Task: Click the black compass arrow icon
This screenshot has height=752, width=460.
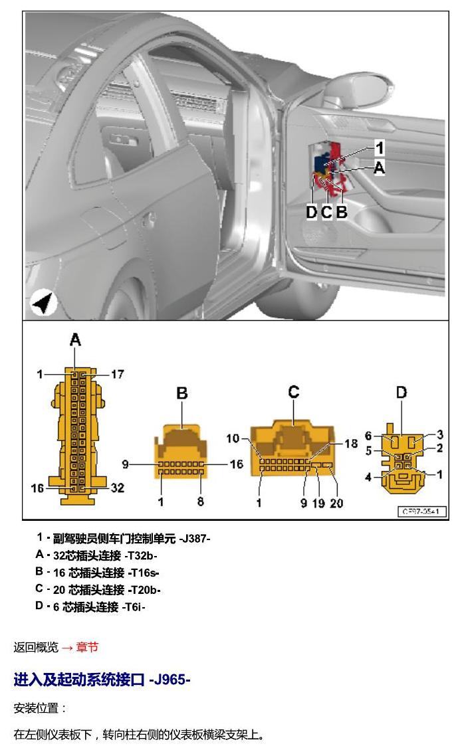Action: pyautogui.click(x=44, y=303)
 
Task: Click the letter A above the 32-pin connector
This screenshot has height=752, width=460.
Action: pyautogui.click(x=75, y=340)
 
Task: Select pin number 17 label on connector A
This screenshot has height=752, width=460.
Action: pyautogui.click(x=118, y=374)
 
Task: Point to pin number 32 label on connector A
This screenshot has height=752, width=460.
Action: pyautogui.click(x=118, y=488)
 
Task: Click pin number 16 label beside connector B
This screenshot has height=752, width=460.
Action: pyautogui.click(x=237, y=464)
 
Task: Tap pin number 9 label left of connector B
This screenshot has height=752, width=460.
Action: pyautogui.click(x=125, y=464)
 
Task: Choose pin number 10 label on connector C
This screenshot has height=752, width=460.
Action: pyautogui.click(x=233, y=438)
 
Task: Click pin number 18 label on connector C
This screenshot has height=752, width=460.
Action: pyautogui.click(x=350, y=444)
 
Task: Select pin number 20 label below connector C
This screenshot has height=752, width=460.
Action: pyautogui.click(x=336, y=503)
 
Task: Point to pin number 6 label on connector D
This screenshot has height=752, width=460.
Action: pyautogui.click(x=368, y=436)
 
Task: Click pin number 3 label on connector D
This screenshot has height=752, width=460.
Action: pyautogui.click(x=440, y=434)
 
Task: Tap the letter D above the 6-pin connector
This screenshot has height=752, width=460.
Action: pyautogui.click(x=402, y=393)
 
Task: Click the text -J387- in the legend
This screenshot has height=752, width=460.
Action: pyautogui.click(x=195, y=539)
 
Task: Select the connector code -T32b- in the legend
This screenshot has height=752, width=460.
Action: pyautogui.click(x=140, y=556)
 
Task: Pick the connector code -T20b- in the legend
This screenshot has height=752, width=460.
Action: pyautogui.click(x=144, y=590)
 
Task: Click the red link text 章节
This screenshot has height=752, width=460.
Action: pyautogui.click(x=87, y=648)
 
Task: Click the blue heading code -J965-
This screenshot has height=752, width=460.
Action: pyautogui.click(x=170, y=680)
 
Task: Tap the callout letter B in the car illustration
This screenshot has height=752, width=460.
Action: pyautogui.click(x=342, y=212)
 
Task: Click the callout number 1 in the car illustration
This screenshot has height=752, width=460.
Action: pyautogui.click(x=380, y=147)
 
